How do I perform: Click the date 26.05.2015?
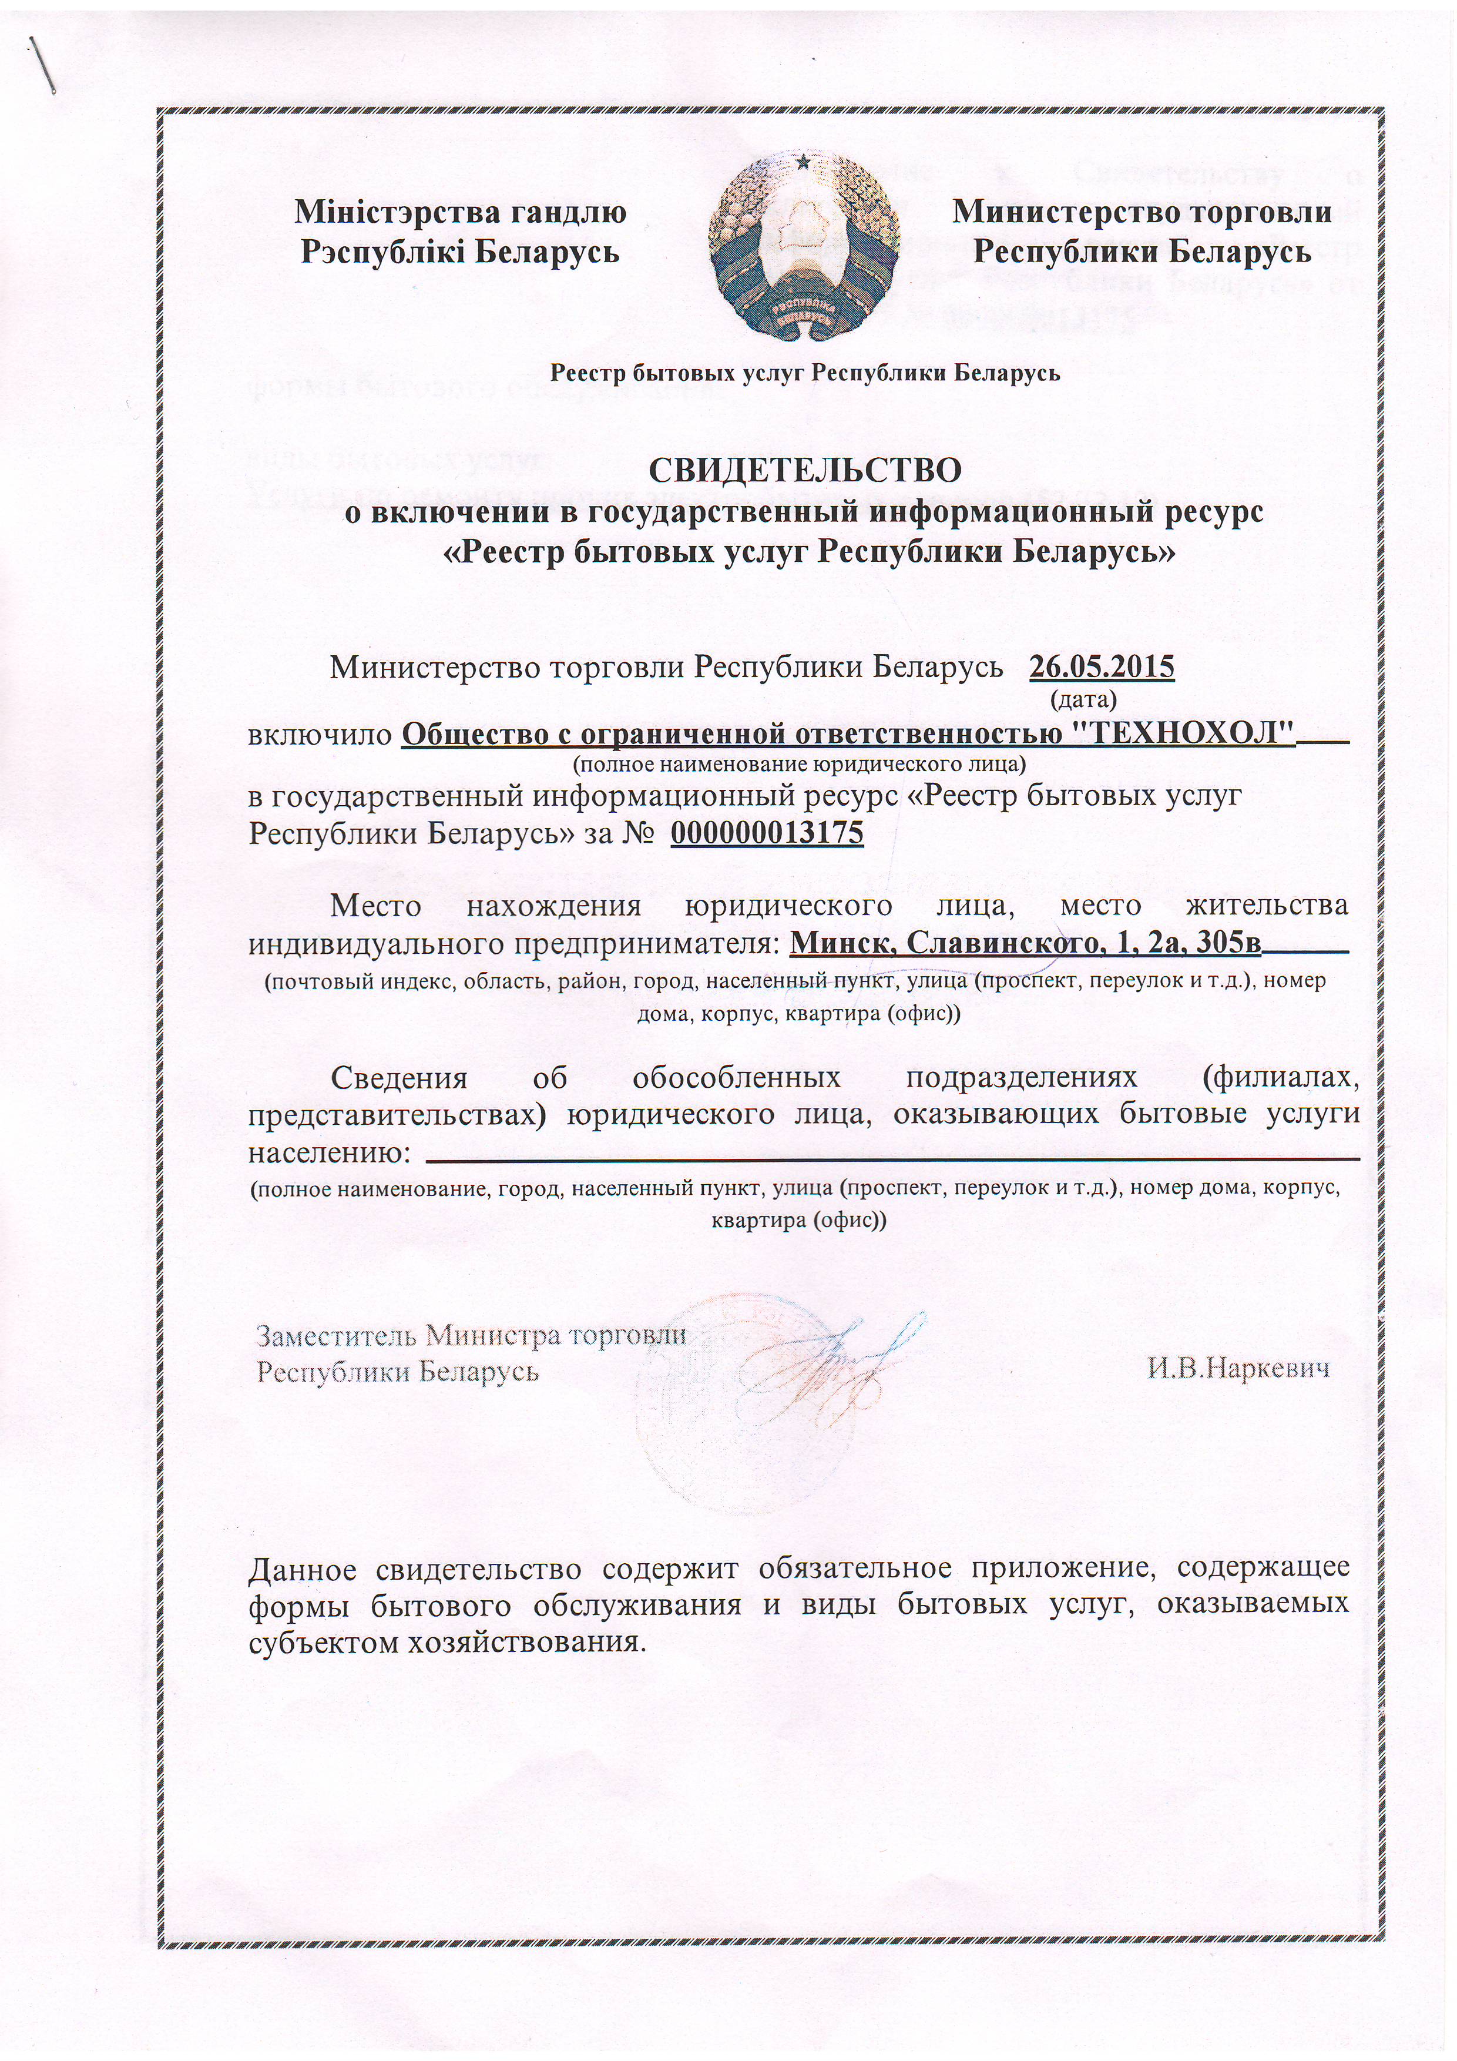[1102, 667]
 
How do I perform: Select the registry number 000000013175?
[767, 833]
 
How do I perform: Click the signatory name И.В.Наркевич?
[1239, 1368]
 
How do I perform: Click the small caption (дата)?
[1082, 696]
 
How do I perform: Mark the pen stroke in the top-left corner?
[45, 65]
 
